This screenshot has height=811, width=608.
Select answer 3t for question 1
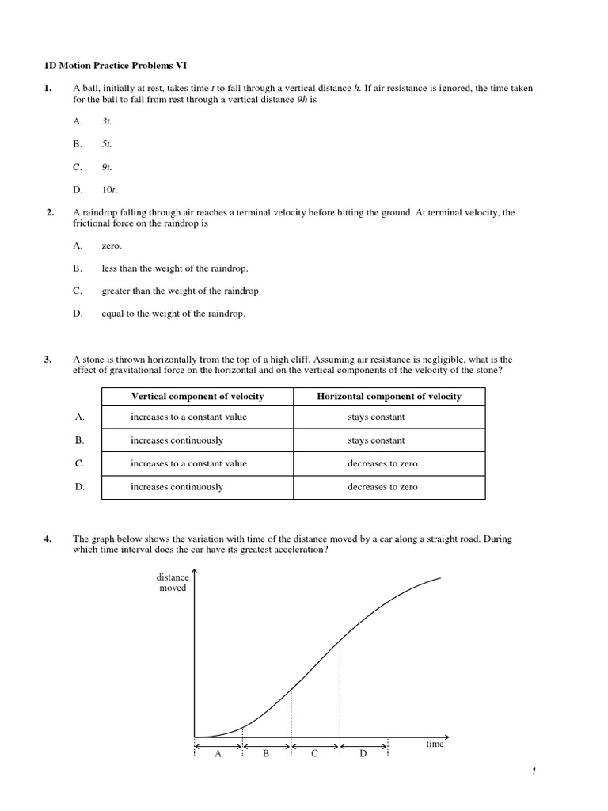pos(107,121)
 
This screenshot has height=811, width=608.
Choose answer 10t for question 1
pos(109,189)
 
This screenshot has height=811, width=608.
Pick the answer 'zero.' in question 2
pos(112,246)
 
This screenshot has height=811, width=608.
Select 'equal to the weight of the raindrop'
pos(173,314)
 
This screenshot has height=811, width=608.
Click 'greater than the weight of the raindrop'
pos(181,291)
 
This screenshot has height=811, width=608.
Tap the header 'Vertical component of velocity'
pos(197,396)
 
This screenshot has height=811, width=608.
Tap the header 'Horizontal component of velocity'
pos(389,396)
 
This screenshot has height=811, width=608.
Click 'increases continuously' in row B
pos(177,440)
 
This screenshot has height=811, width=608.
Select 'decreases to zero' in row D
pos(382,487)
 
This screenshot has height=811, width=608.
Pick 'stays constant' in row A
pos(376,417)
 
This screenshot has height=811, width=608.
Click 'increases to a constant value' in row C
pos(188,463)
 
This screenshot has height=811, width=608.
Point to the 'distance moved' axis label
pos(173,583)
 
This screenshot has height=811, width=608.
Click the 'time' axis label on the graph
pos(435,744)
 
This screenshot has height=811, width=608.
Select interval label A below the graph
pos(218,754)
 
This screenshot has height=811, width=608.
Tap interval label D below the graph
pos(363,754)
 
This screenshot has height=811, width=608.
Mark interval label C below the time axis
pos(314,754)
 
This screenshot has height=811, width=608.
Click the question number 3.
pos(48,360)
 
